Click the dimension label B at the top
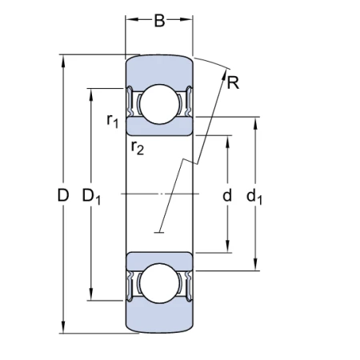click(x=159, y=21)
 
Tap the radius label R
click(x=233, y=82)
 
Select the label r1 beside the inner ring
click(x=112, y=121)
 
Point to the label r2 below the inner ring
click(x=138, y=147)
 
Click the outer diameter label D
click(x=63, y=195)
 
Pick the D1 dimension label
click(x=91, y=197)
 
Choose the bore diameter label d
click(x=227, y=195)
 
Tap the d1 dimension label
click(x=254, y=197)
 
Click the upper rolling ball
click(x=159, y=104)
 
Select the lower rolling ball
click(x=159, y=283)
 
